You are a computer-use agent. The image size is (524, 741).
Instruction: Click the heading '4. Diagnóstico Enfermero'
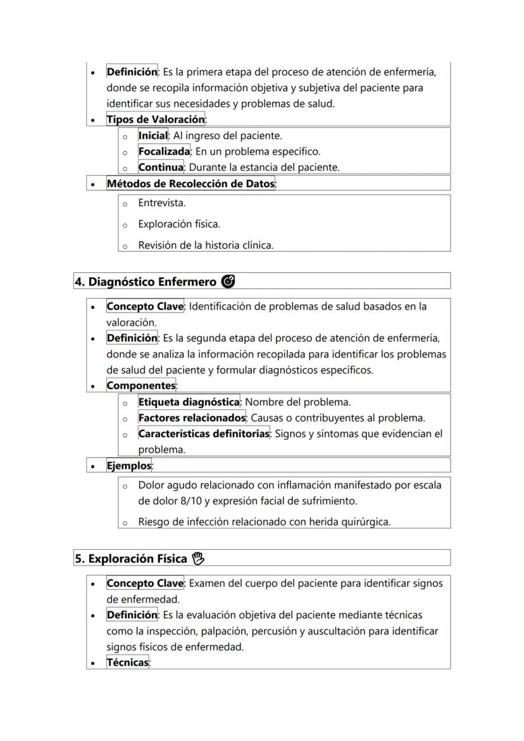coord(146,282)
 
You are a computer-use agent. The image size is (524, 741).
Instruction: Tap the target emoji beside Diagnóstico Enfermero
coord(228,282)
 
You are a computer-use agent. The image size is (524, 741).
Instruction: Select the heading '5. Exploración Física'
coord(131,559)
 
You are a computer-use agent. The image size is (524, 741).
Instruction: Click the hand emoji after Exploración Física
coord(199,559)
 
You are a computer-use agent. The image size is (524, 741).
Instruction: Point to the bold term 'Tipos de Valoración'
coord(156,120)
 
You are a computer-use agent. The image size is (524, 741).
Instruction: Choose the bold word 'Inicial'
coord(153,135)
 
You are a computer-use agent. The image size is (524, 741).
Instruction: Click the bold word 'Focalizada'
coord(164,152)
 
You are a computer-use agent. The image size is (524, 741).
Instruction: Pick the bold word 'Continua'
coord(161,168)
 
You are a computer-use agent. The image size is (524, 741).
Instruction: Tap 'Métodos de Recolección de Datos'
coord(190,184)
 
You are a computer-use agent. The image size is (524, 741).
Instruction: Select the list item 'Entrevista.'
coord(161,203)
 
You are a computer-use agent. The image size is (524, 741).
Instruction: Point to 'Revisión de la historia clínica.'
coord(206,246)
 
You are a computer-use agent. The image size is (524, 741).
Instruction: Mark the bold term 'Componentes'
coord(140,385)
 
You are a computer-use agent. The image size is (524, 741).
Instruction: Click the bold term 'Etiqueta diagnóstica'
coord(189,402)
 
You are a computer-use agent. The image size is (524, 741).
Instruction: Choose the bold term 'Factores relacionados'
coord(192,418)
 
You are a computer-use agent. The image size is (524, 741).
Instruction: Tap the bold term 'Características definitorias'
coord(204,434)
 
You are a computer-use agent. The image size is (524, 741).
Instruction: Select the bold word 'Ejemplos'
coord(129,466)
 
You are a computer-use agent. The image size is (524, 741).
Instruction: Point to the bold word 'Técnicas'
coord(127,663)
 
